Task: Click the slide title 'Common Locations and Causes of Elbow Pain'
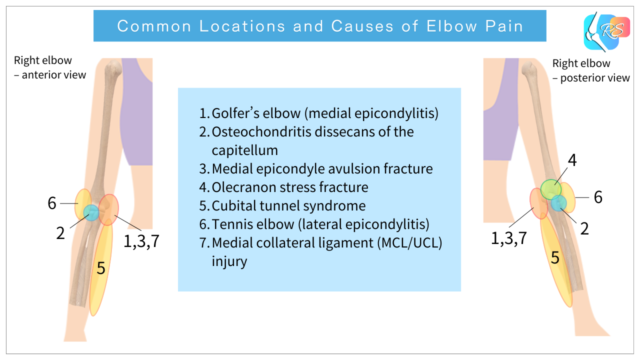319,26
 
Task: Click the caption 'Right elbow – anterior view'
39,68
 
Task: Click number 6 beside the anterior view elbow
50,204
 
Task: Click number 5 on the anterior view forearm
101,267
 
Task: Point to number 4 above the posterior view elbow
572,160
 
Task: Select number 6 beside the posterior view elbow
598,197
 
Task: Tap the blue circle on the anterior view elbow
91,212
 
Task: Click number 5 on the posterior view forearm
554,258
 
